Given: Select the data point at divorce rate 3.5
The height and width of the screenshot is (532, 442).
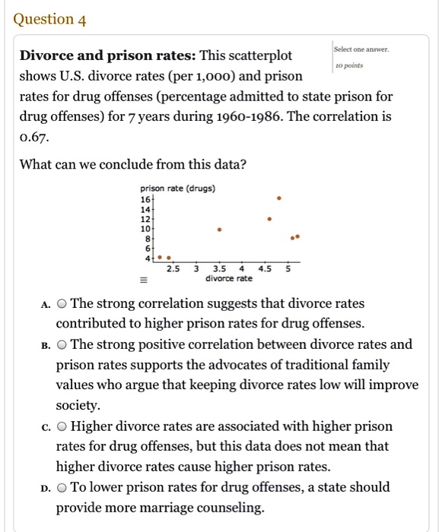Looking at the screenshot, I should point(220,228).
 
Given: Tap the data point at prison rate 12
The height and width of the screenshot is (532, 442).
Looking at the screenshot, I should point(269,218).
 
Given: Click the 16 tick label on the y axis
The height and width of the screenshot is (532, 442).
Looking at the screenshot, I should point(145,198).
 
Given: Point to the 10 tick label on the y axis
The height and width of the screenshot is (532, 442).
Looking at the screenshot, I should point(145,227).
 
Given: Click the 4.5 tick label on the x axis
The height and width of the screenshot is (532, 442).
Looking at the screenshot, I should point(265,268).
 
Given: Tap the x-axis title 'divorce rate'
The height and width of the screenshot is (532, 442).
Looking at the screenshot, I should point(229,279).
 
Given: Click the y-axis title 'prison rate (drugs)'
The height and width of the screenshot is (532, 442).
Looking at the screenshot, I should point(178,188).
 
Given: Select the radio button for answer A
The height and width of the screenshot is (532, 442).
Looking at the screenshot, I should point(62,304).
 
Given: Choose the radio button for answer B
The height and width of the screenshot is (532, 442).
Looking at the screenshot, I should point(62,344).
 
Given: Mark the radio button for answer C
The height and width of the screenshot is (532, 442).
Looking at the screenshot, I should point(62,426).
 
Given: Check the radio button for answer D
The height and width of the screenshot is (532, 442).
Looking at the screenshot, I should point(62,487).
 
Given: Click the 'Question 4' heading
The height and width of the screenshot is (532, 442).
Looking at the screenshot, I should point(50,20).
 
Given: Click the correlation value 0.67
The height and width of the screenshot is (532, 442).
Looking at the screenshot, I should point(33,137).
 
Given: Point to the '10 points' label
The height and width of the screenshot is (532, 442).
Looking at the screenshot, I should point(349,66).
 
